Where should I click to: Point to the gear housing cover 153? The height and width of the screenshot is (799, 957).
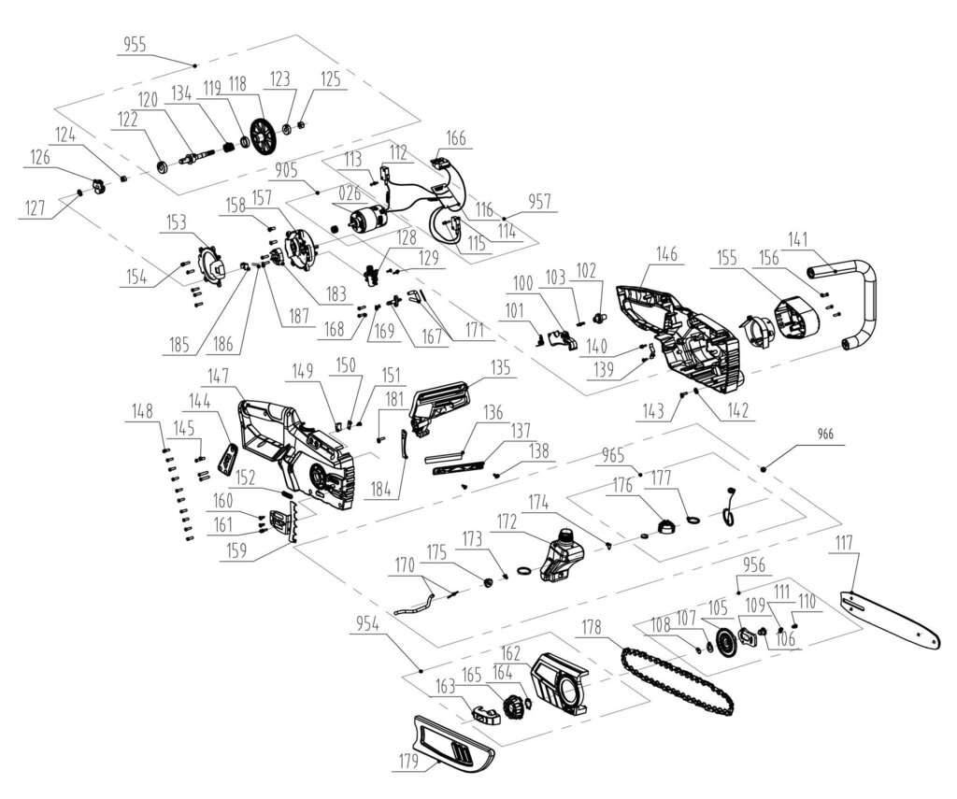coord(211,266)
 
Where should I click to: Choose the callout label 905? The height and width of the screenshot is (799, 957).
coord(287,171)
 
